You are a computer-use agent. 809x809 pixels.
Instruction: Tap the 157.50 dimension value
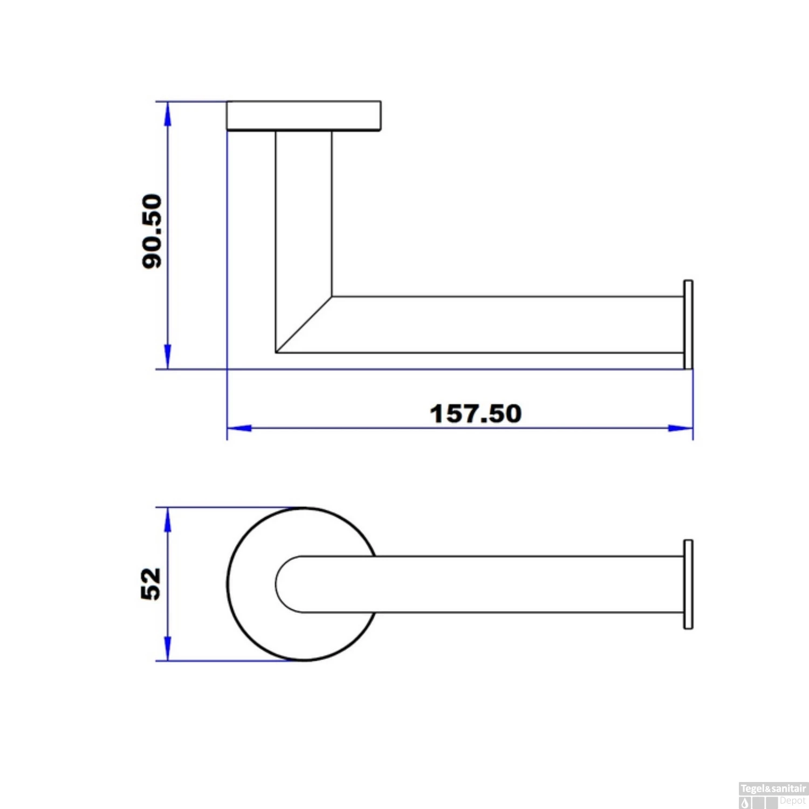point(476,414)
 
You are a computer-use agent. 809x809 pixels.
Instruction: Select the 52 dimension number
point(151,584)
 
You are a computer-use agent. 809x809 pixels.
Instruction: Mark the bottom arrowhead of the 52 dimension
point(168,648)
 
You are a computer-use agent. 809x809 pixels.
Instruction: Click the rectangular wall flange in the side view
point(304,115)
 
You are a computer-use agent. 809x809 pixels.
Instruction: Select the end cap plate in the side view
point(688,325)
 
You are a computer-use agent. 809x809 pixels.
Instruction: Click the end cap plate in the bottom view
point(688,584)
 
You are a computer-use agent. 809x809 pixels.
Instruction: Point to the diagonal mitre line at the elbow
point(304,324)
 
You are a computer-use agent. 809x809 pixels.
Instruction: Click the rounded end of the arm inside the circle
point(286,584)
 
